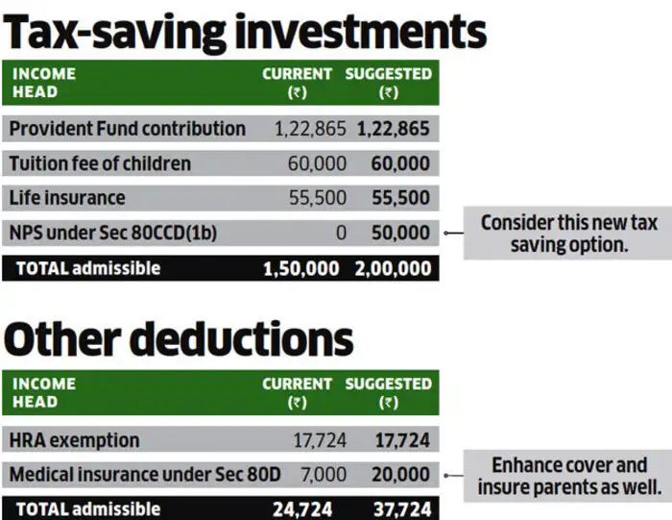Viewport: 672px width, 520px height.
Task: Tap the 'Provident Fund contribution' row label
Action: (x=127, y=129)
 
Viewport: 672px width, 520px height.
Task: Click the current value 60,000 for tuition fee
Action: (x=317, y=163)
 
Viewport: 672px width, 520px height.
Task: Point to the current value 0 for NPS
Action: (x=341, y=233)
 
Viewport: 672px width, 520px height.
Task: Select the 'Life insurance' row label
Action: (x=66, y=198)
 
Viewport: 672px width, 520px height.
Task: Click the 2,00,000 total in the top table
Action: (x=392, y=268)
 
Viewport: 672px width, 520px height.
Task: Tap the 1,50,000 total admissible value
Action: (x=300, y=268)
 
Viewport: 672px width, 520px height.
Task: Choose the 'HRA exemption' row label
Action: (x=75, y=440)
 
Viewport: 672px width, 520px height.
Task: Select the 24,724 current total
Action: (x=307, y=508)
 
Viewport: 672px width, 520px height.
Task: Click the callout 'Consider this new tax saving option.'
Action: (x=569, y=234)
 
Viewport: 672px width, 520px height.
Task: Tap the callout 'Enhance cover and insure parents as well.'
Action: (x=569, y=476)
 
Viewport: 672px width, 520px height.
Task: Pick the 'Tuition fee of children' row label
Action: (x=100, y=163)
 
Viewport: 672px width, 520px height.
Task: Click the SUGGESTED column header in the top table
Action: (x=389, y=82)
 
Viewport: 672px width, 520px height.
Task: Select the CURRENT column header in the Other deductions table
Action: (x=298, y=392)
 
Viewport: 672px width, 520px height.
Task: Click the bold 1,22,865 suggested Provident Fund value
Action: (x=394, y=129)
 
